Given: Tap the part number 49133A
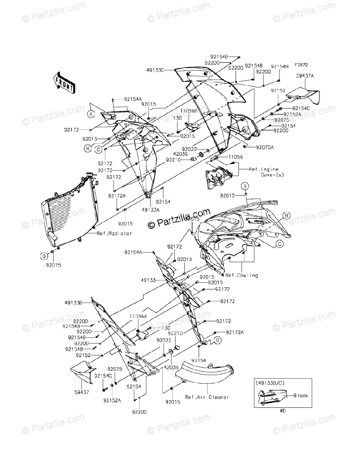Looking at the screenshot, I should pyautogui.click(x=151, y=210).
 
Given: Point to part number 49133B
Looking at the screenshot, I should pyautogui.click(x=73, y=303).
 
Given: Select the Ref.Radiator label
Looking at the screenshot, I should pyautogui.click(x=114, y=233).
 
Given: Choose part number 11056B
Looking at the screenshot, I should pyautogui.click(x=189, y=111).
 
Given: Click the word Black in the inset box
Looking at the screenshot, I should pyautogui.click(x=301, y=396).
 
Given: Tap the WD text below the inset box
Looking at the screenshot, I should pyautogui.click(x=283, y=411).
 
